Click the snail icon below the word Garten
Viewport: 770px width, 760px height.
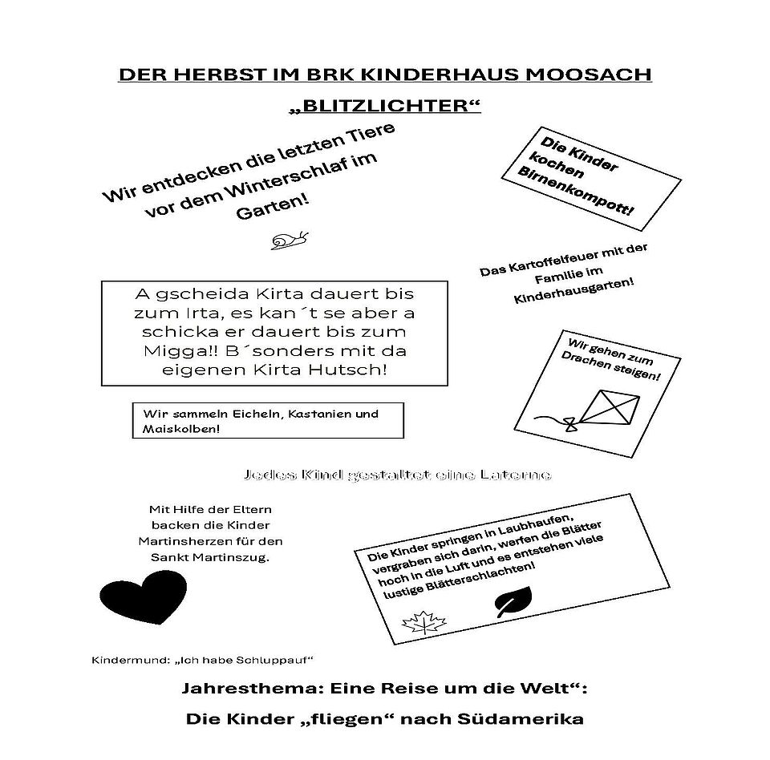290,238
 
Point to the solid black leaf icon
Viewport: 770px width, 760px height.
513,602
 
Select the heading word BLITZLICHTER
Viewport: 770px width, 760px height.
386,106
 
